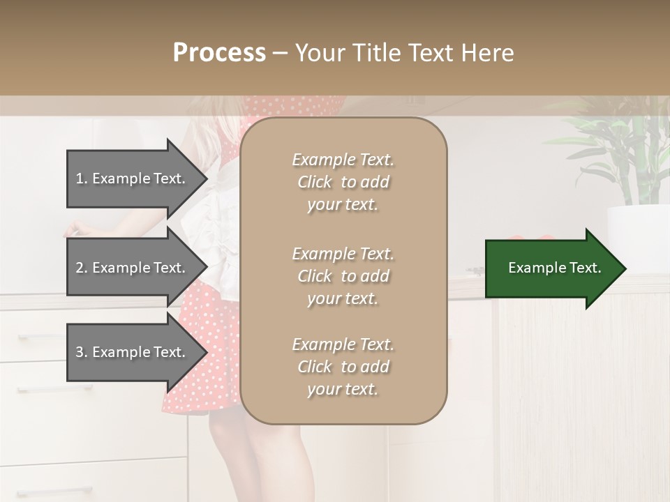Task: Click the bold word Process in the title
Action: coord(219,53)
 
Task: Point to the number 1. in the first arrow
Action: coord(82,178)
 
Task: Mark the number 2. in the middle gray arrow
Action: coord(82,268)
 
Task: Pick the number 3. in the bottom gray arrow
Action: coord(82,352)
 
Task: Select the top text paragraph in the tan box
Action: coord(343,182)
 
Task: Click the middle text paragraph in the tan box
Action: coord(343,276)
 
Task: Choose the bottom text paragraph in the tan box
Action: coord(343,367)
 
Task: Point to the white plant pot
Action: coord(636,230)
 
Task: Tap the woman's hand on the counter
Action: coord(77,228)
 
